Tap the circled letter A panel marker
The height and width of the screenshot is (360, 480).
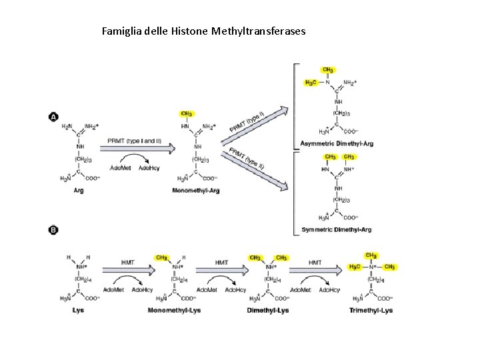point(53,117)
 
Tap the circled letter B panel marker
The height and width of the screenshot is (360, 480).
point(53,230)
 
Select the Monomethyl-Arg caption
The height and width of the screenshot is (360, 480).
point(196,190)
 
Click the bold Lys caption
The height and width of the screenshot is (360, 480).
point(78,310)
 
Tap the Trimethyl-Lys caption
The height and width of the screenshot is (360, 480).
point(371,310)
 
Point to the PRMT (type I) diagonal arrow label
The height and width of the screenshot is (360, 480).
point(247,121)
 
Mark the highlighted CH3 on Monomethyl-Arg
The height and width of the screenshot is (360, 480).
point(187,114)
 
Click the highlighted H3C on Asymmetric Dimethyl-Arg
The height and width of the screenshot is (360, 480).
point(311,83)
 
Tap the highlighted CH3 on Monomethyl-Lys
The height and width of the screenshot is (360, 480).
point(161,257)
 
